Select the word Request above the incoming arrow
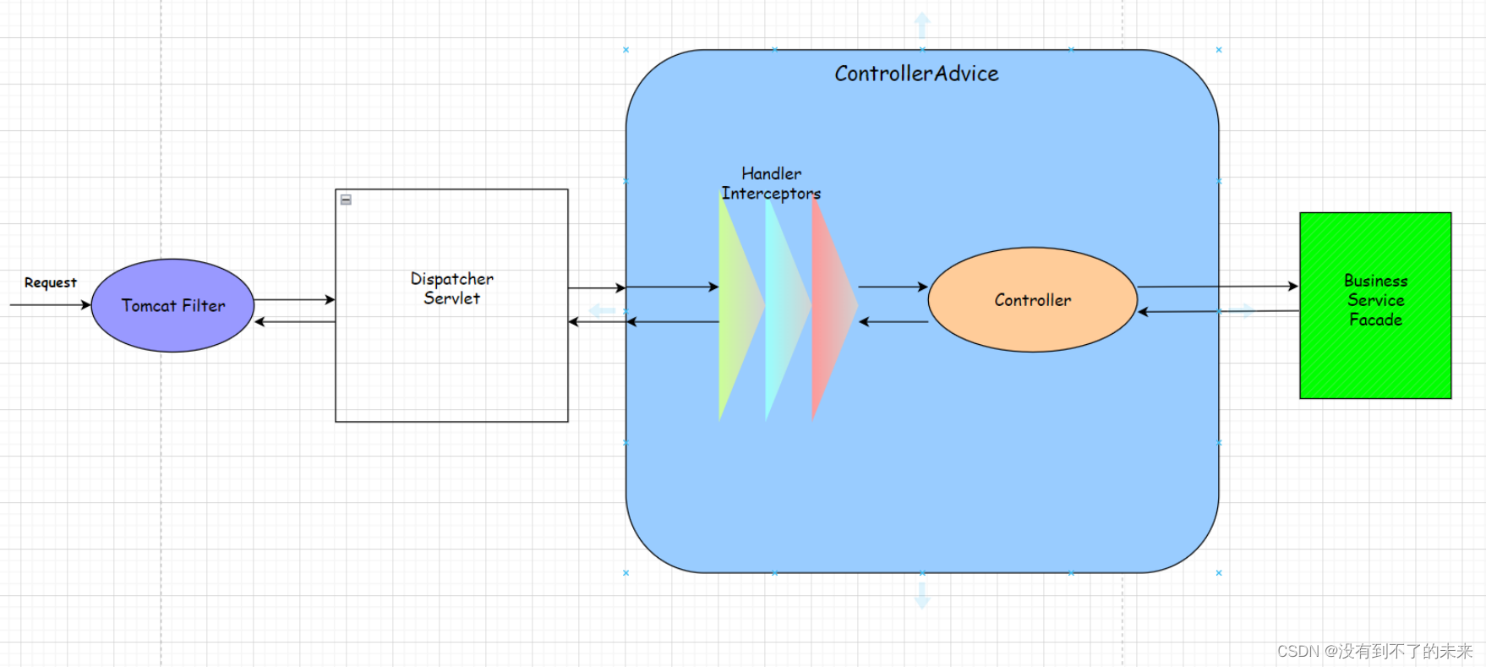[50, 282]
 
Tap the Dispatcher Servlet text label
[451, 288]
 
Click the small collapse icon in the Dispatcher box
[346, 200]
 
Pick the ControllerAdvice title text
[916, 74]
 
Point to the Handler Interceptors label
[771, 183]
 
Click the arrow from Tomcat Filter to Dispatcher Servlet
[294, 299]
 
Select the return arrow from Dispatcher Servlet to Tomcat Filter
[294, 321]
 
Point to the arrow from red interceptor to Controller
[893, 287]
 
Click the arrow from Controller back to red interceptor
[893, 321]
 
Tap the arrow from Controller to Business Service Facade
[1217, 287]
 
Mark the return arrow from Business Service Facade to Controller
[1217, 311]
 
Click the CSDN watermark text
[1374, 651]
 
